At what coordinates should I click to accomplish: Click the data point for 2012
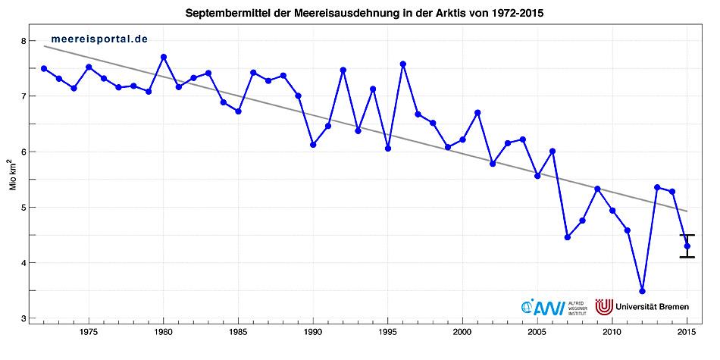642,291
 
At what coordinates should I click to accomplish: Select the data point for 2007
567,237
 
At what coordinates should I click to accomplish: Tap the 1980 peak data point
164,57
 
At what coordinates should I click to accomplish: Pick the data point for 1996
402,64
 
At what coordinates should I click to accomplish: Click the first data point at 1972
44,68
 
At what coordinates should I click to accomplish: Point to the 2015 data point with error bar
687,246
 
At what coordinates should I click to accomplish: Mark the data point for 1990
313,144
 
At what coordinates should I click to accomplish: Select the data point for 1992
343,70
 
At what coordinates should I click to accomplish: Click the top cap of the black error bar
687,235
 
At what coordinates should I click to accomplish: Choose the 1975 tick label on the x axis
89,332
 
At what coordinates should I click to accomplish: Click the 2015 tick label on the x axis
687,332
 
